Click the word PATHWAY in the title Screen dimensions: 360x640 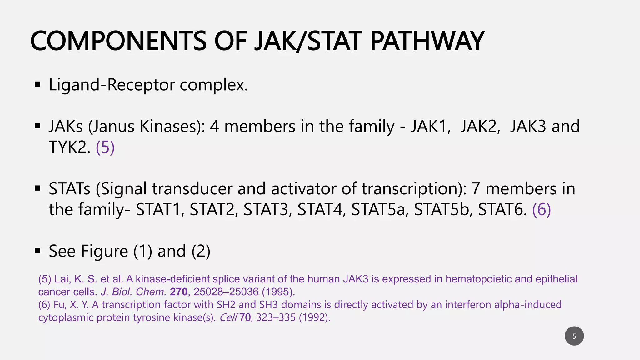pyautogui.click(x=427, y=41)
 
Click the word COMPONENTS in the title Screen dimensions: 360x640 pyautogui.click(x=118, y=41)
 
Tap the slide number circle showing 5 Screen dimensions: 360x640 pyautogui.click(x=574, y=336)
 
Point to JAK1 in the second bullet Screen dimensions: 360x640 pyautogui.click(x=430, y=126)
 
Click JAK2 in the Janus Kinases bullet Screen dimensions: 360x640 pyautogui.click(x=480, y=126)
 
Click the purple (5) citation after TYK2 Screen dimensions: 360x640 pyautogui.click(x=105, y=147)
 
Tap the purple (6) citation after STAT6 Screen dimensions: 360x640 pyautogui.click(x=542, y=209)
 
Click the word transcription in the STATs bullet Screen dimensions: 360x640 pyautogui.click(x=411, y=189)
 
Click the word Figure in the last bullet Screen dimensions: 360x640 pyautogui.click(x=104, y=251)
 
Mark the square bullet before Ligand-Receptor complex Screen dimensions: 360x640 pyautogui.click(x=38, y=84)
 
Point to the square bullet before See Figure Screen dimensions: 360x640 pyautogui.click(x=38, y=251)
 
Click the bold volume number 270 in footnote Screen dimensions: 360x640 pyautogui.click(x=178, y=292)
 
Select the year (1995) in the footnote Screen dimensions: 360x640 pyautogui.click(x=278, y=292)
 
